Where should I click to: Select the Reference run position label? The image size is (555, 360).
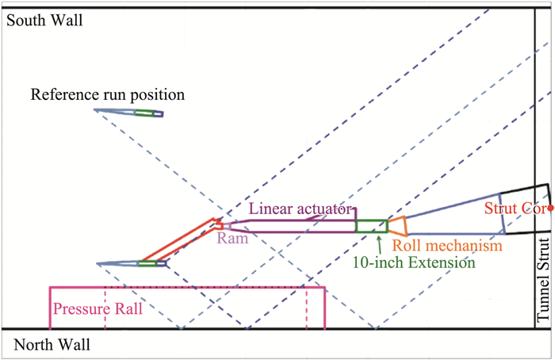coord(108,95)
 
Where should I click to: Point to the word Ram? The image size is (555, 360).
coord(233,236)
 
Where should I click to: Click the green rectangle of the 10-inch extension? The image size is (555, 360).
coord(371,225)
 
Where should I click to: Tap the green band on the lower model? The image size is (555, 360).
coord(147,263)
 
